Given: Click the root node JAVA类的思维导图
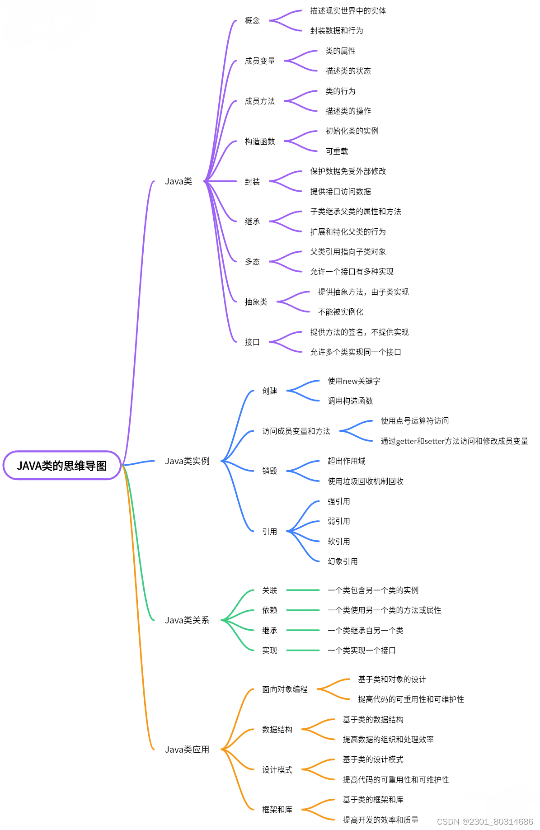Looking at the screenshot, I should pos(62,466).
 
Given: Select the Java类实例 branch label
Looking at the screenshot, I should pos(187,461).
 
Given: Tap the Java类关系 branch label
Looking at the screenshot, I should pos(187,620).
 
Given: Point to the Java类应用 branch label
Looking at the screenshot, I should pos(187,750).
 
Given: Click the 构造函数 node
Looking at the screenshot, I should pos(260,141).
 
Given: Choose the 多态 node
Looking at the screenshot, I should pos(252,262).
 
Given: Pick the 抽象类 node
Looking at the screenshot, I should pos(256,302).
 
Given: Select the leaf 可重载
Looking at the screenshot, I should pos(337,151).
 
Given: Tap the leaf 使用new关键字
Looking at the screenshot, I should pos(354,381).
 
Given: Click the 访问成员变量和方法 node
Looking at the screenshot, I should pos(296,431).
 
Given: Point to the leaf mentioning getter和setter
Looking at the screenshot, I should pos(454,441).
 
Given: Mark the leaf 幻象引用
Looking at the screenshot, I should pos(343,561).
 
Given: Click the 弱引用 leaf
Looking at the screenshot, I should pos(338,521).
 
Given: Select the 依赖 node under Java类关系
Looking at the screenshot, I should pos(270,610).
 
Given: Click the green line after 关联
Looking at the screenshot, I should pos(303,590).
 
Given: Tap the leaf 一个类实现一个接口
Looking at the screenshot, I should pos(362,651).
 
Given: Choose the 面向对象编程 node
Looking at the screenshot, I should pos(285,689).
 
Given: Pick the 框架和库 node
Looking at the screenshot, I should pos(277,810).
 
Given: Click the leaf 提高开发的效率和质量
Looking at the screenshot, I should pos(380,820).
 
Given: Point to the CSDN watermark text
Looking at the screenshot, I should pos(485,821).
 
